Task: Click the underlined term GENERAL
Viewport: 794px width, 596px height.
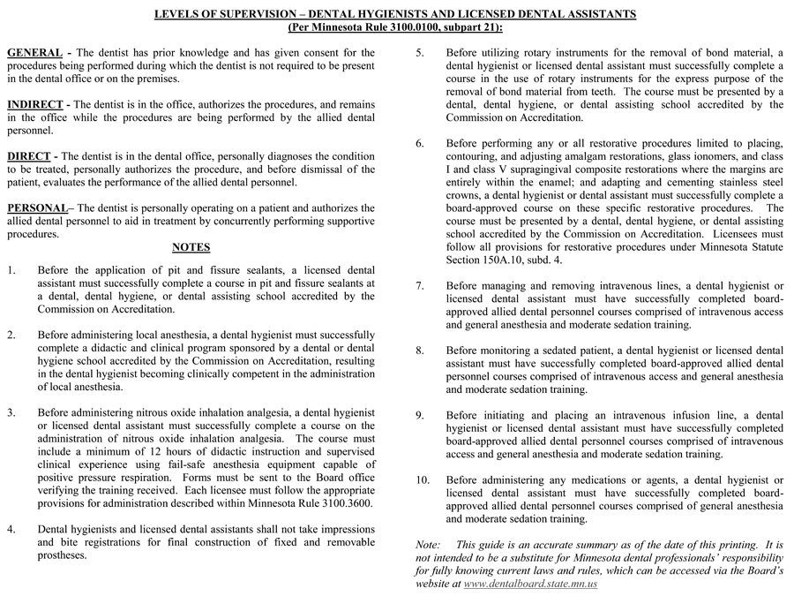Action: point(34,53)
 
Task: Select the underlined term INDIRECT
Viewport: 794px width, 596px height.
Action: point(37,104)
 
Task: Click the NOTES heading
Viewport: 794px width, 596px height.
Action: point(191,247)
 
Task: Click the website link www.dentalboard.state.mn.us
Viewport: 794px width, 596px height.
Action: point(530,585)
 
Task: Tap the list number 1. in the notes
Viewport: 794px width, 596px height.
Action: point(11,270)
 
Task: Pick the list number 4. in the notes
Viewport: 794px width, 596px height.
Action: point(11,530)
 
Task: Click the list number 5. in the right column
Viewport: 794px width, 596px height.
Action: point(421,53)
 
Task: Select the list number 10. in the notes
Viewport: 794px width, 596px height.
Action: point(423,480)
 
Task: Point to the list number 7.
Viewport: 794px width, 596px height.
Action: point(421,286)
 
